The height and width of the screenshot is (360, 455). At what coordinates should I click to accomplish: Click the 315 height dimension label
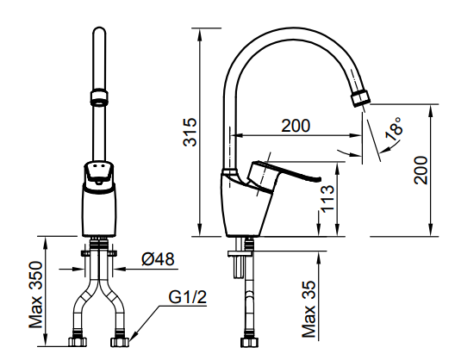(192, 132)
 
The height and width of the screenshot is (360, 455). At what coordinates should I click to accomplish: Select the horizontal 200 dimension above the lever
(295, 125)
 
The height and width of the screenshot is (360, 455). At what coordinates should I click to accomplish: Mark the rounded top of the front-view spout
(98, 36)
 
